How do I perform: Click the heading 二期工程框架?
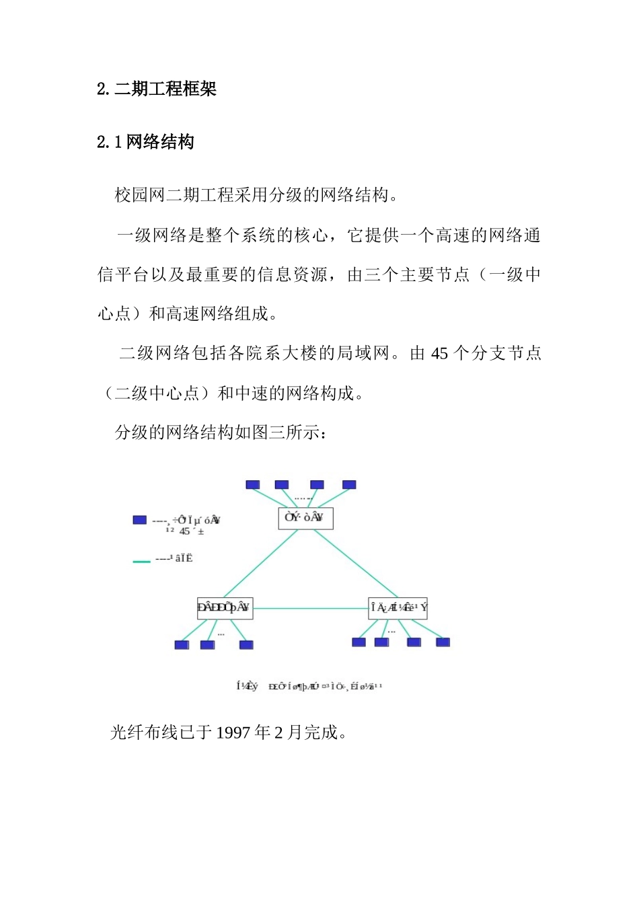click(165, 89)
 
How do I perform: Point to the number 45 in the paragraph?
click(439, 354)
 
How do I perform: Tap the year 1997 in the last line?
click(233, 732)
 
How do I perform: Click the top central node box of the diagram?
click(305, 518)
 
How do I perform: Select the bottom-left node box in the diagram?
click(225, 608)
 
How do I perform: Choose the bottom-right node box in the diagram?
click(398, 608)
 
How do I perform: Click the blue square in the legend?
click(140, 520)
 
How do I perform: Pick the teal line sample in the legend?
click(141, 561)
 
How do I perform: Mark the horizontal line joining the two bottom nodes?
click(310, 608)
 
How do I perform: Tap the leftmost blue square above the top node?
click(253, 485)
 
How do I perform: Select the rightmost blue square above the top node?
click(349, 485)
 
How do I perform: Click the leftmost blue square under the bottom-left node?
click(182, 645)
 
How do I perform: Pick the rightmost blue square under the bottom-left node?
click(246, 645)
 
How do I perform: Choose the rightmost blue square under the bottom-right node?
click(443, 642)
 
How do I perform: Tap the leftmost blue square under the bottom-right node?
click(359, 642)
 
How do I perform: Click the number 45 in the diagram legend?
click(184, 531)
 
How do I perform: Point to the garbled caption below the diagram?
click(309, 687)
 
